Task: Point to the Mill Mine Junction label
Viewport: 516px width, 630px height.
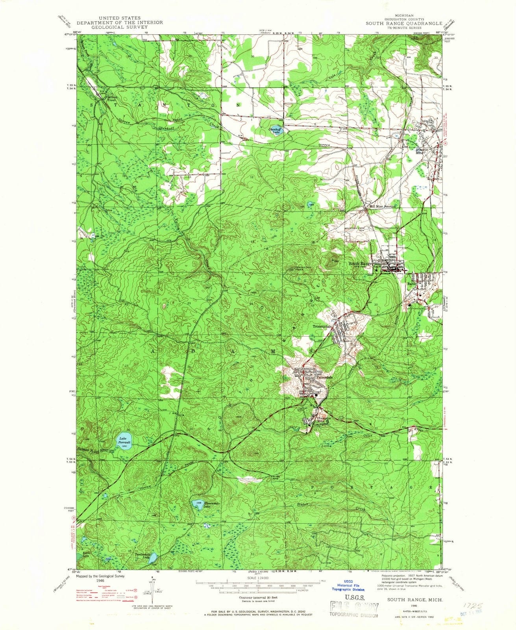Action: tap(382, 206)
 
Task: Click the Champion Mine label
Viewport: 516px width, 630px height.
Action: tap(322, 420)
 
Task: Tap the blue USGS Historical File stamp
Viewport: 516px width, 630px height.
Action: tap(348, 586)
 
